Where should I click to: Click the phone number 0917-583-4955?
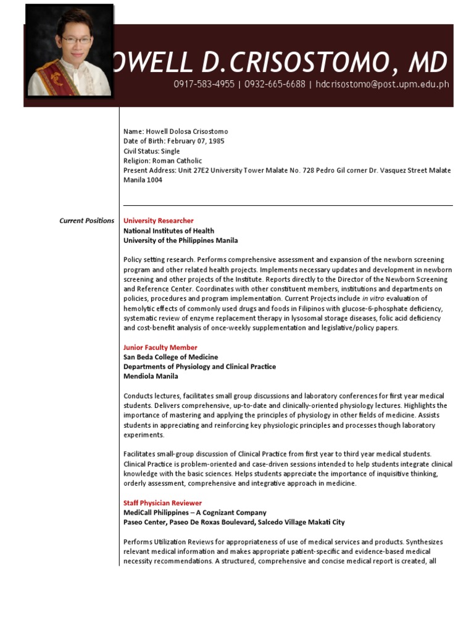click(x=204, y=84)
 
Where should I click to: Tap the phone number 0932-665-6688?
click(x=275, y=84)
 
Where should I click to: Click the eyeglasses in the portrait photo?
click(x=76, y=41)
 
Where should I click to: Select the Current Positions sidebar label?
click(x=86, y=221)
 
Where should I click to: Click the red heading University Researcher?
click(x=159, y=221)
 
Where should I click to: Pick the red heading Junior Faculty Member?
click(x=160, y=348)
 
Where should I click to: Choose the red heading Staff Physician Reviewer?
click(x=162, y=503)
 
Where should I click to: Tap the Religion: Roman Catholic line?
click(x=162, y=161)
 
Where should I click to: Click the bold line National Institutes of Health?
click(x=169, y=230)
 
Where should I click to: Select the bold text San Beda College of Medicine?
click(x=171, y=357)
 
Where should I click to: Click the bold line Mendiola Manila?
click(x=151, y=376)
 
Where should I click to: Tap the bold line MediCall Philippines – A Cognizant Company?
click(x=195, y=512)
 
